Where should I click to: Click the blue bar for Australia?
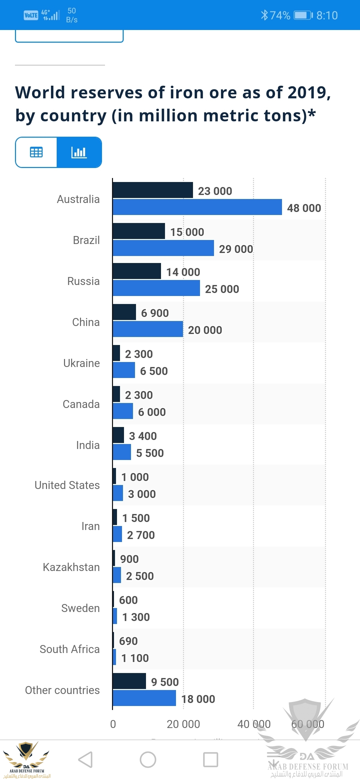(x=197, y=207)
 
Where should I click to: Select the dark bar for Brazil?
(x=139, y=231)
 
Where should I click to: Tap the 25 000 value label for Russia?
(x=222, y=289)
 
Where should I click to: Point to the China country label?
(x=86, y=322)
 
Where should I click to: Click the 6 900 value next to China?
(x=155, y=313)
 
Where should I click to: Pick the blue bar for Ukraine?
(x=124, y=370)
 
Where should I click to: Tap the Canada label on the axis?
(x=81, y=404)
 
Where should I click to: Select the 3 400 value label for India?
(x=143, y=436)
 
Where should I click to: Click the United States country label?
(x=67, y=485)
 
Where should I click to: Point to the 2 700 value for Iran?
(x=141, y=535)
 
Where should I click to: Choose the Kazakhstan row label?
(x=71, y=567)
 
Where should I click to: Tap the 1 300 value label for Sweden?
(x=136, y=617)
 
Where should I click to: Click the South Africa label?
(x=70, y=649)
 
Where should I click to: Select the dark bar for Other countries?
(x=129, y=681)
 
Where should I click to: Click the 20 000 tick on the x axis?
(x=183, y=724)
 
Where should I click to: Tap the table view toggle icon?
(x=36, y=152)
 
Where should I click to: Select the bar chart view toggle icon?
(x=79, y=152)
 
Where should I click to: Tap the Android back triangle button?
(x=85, y=760)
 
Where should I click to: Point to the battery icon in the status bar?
(x=303, y=15)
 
